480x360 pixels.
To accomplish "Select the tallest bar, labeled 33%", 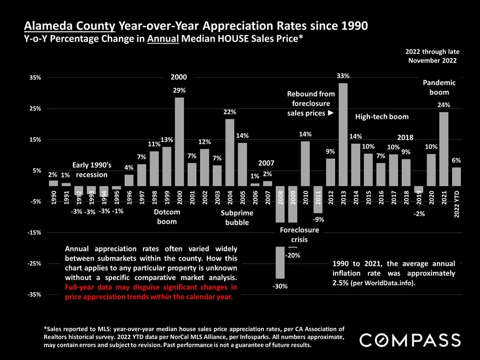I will coord(343,134).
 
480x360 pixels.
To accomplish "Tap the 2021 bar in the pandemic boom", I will coord(444,149).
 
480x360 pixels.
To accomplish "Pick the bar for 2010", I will coord(305,163).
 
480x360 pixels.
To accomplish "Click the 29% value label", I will coord(180,90).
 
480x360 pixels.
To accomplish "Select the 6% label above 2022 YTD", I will coord(456,160).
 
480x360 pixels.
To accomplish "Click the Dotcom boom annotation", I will coord(167,216).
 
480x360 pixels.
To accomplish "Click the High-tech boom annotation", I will coord(382,117).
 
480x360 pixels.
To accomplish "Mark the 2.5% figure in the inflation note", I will coord(341,283).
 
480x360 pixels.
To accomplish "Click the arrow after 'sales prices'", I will coord(330,113).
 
